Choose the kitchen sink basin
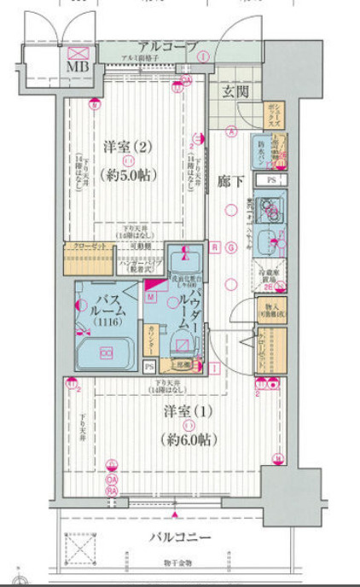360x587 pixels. (x=269, y=240)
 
